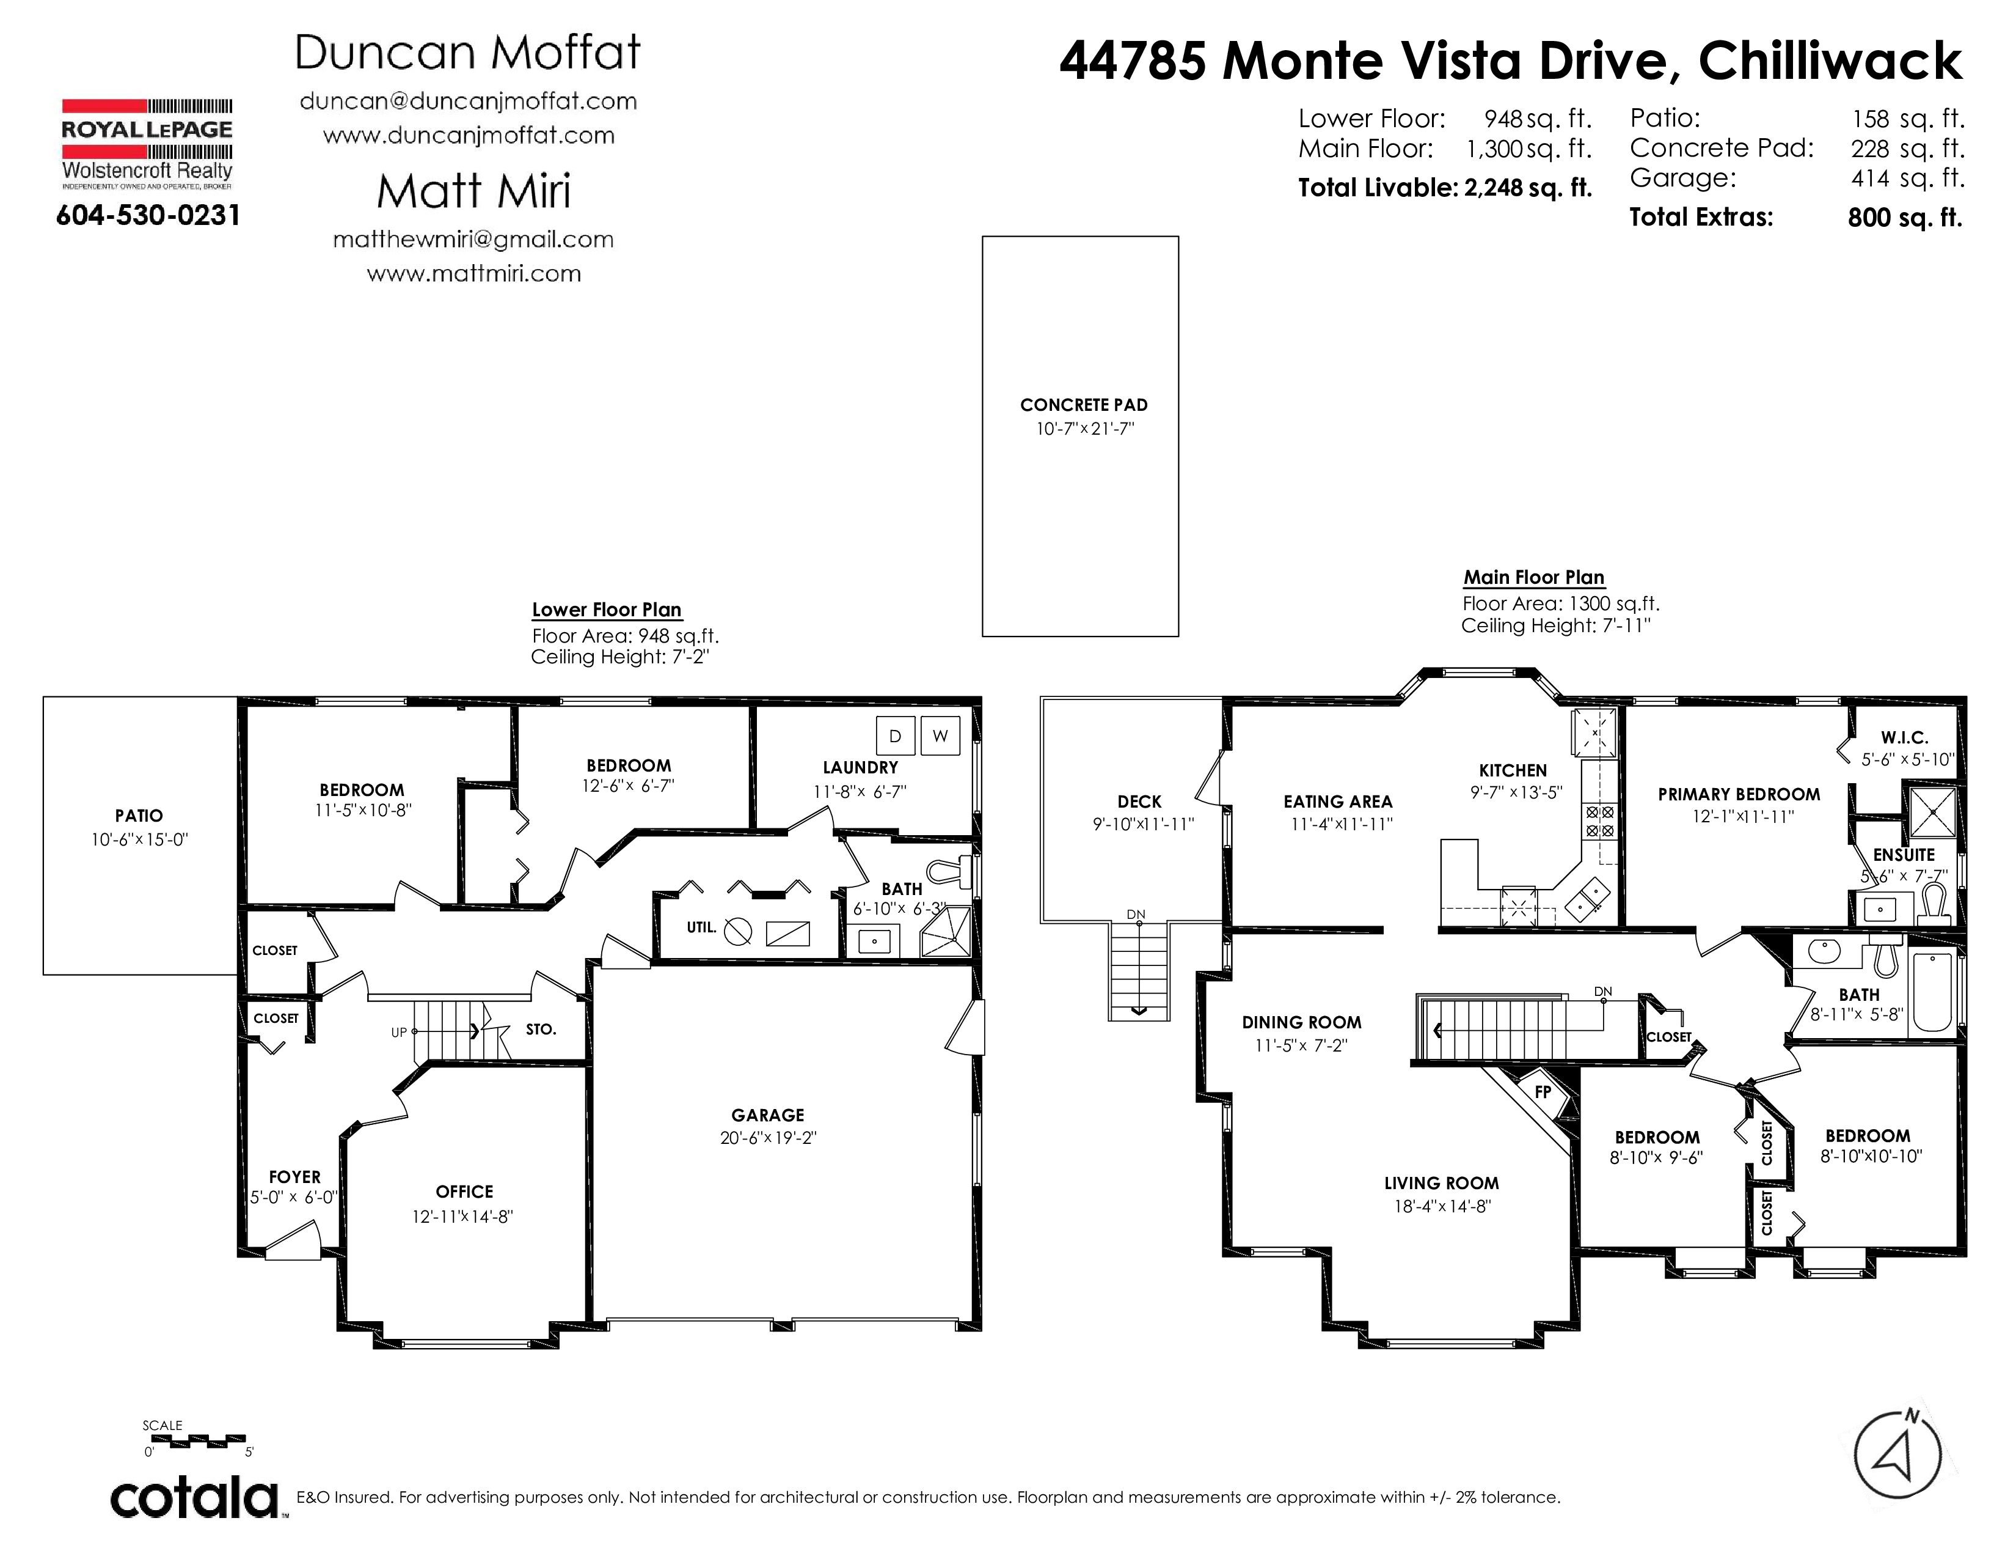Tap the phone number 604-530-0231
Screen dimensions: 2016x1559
[x=148, y=216]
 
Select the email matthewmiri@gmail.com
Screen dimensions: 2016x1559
[x=473, y=239]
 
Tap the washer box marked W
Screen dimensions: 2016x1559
[x=940, y=736]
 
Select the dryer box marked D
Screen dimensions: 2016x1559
[x=894, y=736]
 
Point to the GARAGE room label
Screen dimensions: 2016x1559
[x=768, y=1115]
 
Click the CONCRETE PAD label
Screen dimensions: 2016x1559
[x=1084, y=405]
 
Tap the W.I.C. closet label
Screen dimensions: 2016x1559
[x=1904, y=737]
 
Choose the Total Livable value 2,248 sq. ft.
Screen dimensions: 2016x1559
[x=1528, y=188]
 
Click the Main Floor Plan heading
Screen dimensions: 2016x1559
[x=1534, y=577]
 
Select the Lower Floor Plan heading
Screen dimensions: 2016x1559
[x=607, y=610]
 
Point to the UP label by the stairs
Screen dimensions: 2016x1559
[x=399, y=1033]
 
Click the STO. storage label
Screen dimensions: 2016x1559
[x=541, y=1029]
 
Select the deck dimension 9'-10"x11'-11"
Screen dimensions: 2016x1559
[x=1143, y=824]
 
